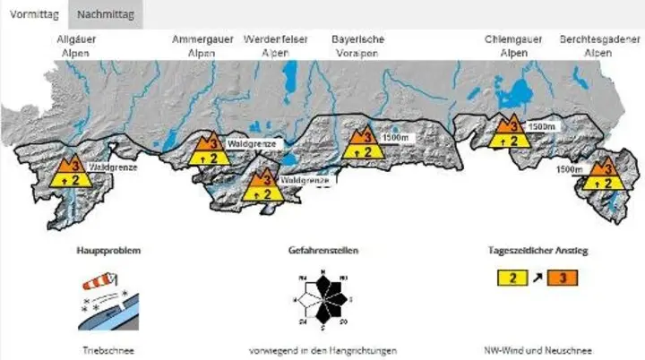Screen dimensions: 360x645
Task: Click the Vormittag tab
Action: pyautogui.click(x=33, y=15)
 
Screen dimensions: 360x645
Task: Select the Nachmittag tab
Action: pyautogui.click(x=105, y=15)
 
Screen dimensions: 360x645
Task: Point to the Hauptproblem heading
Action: pyautogui.click(x=108, y=251)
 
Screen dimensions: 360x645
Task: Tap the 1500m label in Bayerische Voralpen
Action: pyautogui.click(x=394, y=139)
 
